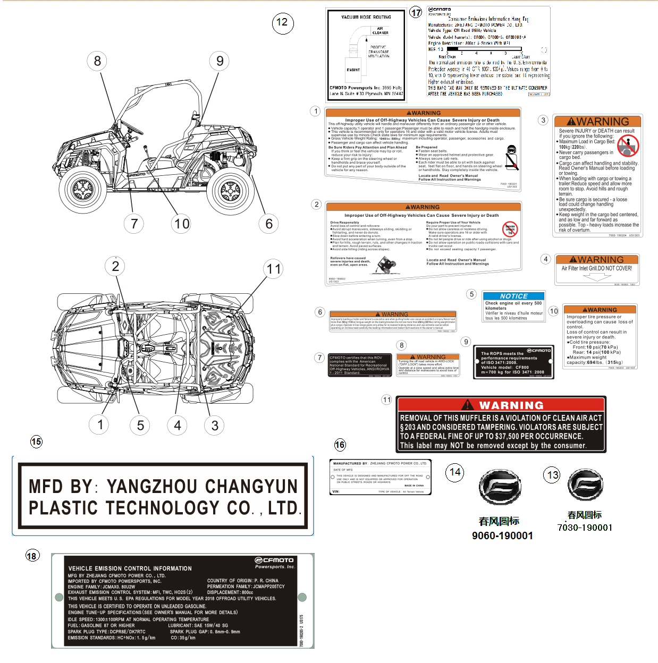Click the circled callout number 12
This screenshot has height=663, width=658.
coord(282,22)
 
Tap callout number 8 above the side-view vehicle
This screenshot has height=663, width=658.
coord(97,61)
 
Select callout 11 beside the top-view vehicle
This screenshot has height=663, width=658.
coord(274,269)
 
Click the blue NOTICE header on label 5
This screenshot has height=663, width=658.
coord(513,296)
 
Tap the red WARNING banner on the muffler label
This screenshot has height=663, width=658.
coord(501,405)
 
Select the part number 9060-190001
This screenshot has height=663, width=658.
coord(502,535)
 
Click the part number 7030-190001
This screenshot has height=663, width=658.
coord(585,528)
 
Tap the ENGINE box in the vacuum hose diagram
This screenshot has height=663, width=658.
coord(353,70)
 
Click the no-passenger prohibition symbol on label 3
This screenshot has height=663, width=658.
coord(628,145)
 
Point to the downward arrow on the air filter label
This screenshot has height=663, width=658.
coord(596,277)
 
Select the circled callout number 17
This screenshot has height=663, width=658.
coord(416,12)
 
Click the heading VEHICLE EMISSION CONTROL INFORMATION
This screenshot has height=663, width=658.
coord(130,568)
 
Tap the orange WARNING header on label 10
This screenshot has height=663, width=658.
coord(600,310)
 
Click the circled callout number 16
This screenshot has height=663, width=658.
coord(340,445)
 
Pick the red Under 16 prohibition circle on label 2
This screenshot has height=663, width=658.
coord(510,229)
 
